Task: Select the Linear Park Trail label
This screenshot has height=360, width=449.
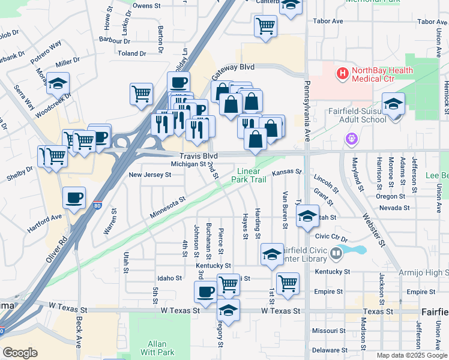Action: click(249, 175)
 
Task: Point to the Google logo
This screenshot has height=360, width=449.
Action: click(20, 353)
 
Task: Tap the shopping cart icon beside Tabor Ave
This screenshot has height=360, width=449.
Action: click(265, 26)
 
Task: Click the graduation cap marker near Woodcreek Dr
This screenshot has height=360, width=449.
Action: click(58, 83)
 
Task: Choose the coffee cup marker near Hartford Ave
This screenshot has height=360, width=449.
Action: click(74, 198)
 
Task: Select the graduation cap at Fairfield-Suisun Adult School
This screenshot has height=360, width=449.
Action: click(393, 105)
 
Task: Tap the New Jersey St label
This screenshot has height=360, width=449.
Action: click(150, 175)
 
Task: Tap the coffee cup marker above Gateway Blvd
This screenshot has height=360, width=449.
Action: click(178, 83)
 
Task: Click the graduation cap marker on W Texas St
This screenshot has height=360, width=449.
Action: click(228, 310)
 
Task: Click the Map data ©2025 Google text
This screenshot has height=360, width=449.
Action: click(412, 355)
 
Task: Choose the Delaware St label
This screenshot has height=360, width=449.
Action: click(327, 350)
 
